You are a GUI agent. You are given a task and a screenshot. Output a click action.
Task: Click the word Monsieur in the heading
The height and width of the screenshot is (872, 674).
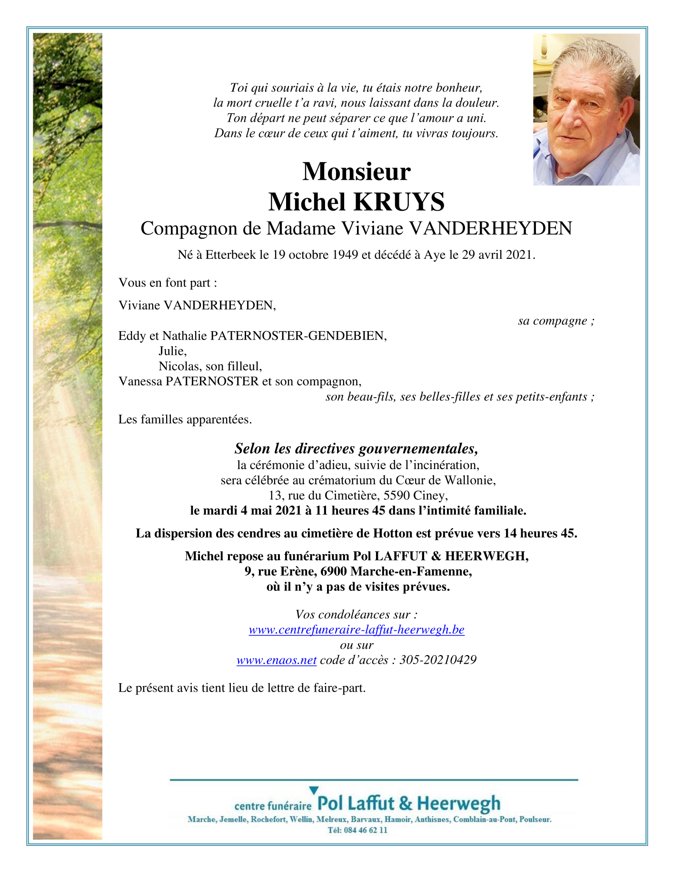point(356,171)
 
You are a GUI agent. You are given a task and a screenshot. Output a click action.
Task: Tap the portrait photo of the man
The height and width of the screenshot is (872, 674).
point(586,109)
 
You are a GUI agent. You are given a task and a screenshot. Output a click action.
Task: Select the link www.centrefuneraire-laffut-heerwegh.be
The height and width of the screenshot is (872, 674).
point(357,629)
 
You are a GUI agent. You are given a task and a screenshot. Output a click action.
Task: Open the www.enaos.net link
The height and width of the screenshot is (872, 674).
point(277,660)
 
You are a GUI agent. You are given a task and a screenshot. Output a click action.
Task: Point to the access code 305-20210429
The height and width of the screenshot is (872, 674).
point(438,660)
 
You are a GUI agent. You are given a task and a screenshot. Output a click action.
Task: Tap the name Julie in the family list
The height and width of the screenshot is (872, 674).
point(171,351)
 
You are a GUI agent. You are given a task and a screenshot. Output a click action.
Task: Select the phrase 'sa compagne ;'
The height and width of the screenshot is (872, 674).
point(556,321)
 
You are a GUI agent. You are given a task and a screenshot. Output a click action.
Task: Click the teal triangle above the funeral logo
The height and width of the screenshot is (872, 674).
point(314,790)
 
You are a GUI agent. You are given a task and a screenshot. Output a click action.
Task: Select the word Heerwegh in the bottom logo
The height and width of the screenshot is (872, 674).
point(459,803)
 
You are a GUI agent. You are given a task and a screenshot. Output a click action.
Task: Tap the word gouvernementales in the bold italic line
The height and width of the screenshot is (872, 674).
point(418,449)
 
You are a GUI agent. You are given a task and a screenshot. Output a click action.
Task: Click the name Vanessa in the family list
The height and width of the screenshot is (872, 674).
point(140,381)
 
